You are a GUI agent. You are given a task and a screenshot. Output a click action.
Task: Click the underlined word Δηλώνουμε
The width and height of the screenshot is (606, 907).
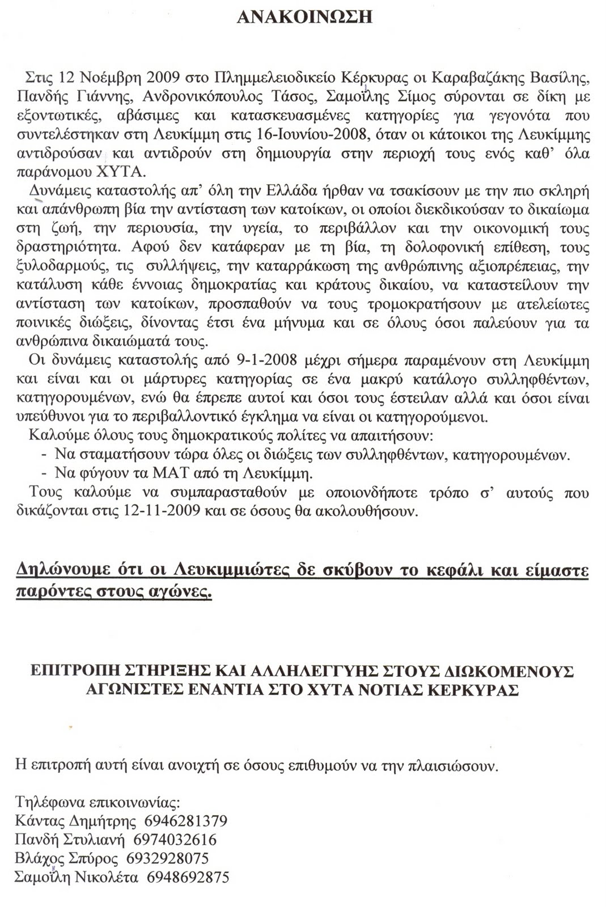pos(60,569)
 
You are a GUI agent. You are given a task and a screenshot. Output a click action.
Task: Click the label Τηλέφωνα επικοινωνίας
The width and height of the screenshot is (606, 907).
pos(98,803)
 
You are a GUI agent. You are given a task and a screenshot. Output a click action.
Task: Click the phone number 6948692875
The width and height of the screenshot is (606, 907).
pos(188,878)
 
